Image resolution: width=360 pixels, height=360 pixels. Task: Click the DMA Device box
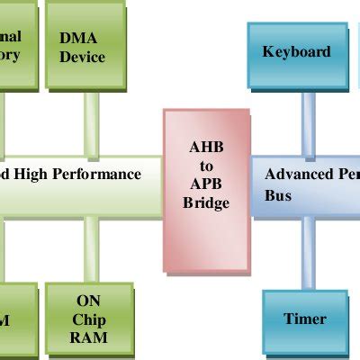point(86,48)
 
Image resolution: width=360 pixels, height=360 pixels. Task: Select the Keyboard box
point(296,52)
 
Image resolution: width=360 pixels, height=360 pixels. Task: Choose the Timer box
point(304,319)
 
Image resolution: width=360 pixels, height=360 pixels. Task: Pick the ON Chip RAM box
point(88,321)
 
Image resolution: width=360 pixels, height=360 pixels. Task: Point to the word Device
point(82,58)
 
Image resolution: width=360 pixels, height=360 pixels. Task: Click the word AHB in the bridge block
point(205,147)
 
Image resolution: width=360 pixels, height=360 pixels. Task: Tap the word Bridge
point(206,203)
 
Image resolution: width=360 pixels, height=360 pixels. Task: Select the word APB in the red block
point(206,184)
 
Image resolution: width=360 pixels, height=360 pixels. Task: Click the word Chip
point(87,321)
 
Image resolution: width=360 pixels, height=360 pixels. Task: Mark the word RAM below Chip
point(87,338)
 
